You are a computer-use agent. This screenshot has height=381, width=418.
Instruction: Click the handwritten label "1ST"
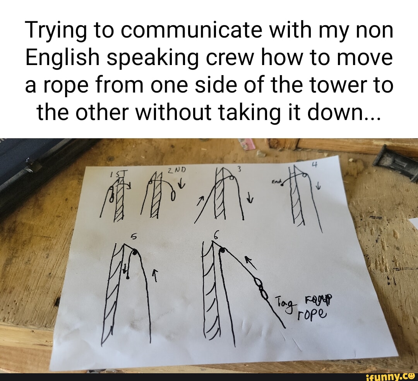116,174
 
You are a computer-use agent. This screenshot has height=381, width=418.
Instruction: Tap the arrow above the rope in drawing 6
252,263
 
